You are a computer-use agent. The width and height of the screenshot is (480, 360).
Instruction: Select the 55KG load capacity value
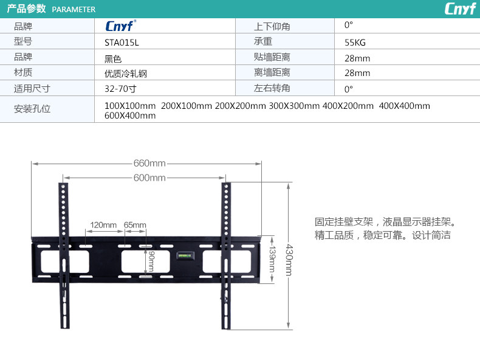click(355, 43)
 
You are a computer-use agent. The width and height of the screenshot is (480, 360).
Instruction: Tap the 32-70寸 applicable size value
click(120, 89)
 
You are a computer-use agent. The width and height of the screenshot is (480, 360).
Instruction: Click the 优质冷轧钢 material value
click(126, 74)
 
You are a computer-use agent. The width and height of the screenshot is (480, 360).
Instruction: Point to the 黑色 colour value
click(113, 58)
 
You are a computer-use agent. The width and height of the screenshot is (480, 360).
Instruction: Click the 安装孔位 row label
click(32, 109)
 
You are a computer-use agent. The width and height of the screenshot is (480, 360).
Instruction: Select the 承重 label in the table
click(263, 42)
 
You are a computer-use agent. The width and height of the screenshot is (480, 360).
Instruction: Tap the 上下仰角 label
click(272, 26)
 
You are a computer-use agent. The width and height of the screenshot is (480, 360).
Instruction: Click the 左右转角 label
click(272, 88)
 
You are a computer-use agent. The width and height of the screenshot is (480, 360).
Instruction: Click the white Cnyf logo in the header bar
click(460, 9)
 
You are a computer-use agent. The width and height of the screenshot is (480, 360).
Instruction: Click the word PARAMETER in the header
click(74, 10)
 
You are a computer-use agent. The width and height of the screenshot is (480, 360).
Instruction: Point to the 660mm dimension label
click(149, 164)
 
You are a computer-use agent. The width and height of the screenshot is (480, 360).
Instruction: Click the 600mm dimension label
click(149, 178)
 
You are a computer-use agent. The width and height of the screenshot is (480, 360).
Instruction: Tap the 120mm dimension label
click(103, 225)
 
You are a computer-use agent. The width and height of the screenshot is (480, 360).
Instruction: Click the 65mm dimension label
click(135, 225)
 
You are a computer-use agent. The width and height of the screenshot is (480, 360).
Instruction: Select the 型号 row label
click(23, 42)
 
